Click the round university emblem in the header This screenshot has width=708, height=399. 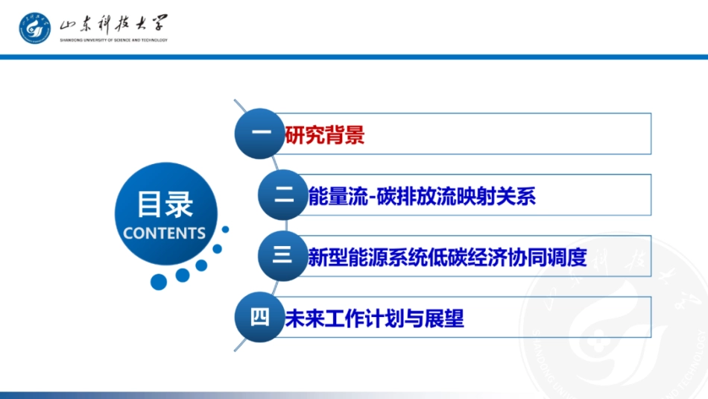35,28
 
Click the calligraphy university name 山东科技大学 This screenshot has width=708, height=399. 113,24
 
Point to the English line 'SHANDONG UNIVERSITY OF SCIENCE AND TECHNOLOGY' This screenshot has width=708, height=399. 113,40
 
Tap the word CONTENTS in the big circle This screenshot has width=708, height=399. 165,233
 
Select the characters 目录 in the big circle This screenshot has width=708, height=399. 165,204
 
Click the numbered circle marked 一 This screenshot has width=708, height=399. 259,133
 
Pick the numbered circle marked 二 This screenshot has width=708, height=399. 283,195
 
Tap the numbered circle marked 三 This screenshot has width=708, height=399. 283,256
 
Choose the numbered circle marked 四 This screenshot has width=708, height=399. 259,317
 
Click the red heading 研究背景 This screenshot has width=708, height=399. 325,135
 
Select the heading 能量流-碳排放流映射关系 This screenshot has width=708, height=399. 422,197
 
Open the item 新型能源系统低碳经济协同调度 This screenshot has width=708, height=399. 447,257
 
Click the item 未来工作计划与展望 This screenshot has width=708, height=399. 374,318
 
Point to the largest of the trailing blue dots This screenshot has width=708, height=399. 159,281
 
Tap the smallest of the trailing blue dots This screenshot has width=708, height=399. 225,230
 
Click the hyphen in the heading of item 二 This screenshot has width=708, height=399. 372,198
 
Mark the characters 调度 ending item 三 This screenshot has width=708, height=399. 567,257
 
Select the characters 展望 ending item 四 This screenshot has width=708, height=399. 444,318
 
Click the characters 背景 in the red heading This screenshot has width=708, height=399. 345,135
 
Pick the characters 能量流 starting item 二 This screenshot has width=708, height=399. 338,197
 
